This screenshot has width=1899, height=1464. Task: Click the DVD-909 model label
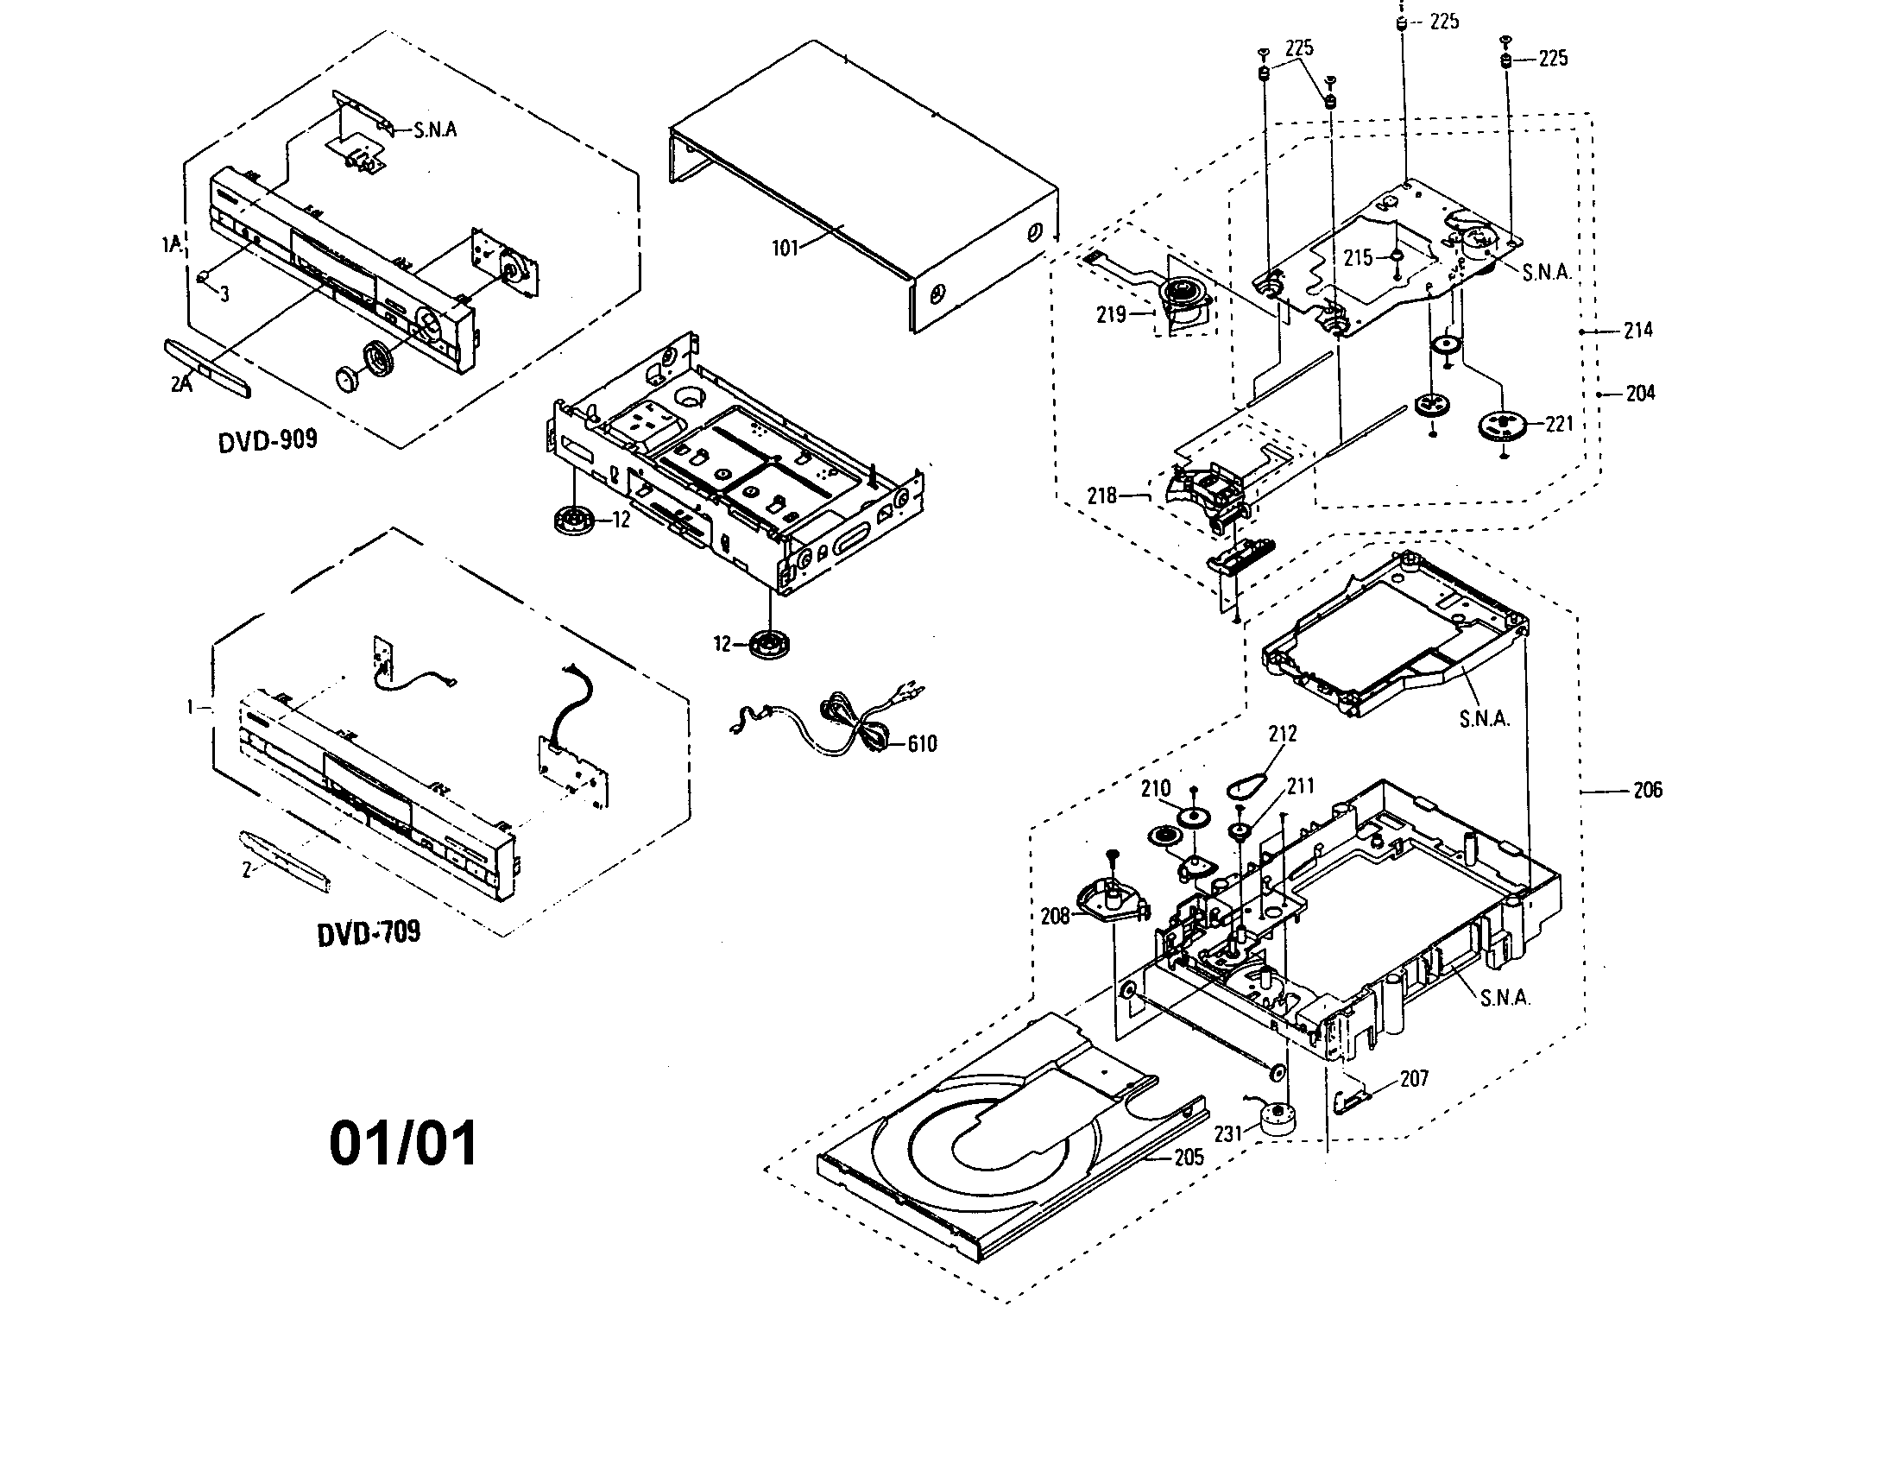(x=267, y=440)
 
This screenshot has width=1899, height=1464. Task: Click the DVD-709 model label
(x=369, y=933)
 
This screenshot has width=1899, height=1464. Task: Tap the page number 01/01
(x=403, y=1143)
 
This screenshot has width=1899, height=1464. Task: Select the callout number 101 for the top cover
(x=785, y=249)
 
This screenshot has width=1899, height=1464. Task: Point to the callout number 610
(x=922, y=743)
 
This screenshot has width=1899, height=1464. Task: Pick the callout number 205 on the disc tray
(x=1189, y=1156)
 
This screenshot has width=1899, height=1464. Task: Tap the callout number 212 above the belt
(x=1283, y=734)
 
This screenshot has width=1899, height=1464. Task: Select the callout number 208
(x=1055, y=917)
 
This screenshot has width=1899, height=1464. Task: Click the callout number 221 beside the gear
(x=1560, y=423)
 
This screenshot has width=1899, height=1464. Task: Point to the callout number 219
(x=1111, y=315)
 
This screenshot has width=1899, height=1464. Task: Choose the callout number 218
(x=1101, y=495)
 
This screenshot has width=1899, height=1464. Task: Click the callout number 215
(x=1358, y=257)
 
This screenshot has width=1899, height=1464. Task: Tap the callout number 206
(x=1647, y=790)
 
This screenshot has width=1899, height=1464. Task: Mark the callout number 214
(x=1638, y=330)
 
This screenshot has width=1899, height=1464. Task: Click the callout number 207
(x=1415, y=1078)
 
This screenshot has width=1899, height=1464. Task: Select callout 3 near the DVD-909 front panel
(x=224, y=294)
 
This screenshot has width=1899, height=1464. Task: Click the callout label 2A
(x=181, y=383)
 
